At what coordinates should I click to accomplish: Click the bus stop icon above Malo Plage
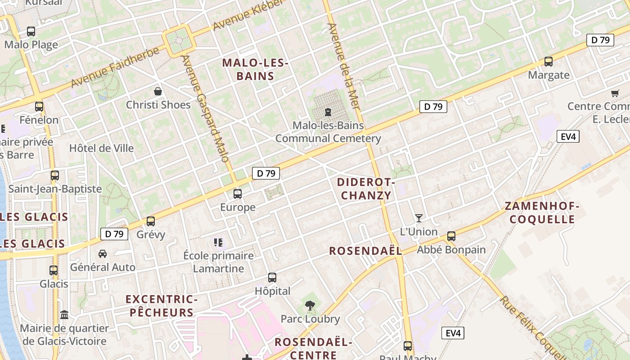[31, 31]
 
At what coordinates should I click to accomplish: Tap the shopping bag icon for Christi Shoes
[158, 91]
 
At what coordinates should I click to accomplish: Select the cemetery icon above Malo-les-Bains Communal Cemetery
[328, 112]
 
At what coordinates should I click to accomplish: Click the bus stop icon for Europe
[238, 194]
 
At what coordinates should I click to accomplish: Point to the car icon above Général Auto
[103, 254]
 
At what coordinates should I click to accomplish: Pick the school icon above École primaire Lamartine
[218, 243]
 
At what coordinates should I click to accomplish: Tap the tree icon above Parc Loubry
[310, 306]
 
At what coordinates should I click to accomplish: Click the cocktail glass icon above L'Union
[419, 218]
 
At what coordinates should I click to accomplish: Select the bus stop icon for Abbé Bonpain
[451, 236]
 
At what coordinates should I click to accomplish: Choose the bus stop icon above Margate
[549, 62]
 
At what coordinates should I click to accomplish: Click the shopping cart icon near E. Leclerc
[615, 93]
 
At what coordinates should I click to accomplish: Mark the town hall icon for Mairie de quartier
[64, 315]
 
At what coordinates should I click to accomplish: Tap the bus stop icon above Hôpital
[272, 278]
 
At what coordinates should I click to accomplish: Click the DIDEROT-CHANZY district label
[366, 189]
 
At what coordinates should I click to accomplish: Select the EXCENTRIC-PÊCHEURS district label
[162, 306]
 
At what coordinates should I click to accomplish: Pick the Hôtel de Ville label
[101, 148]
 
